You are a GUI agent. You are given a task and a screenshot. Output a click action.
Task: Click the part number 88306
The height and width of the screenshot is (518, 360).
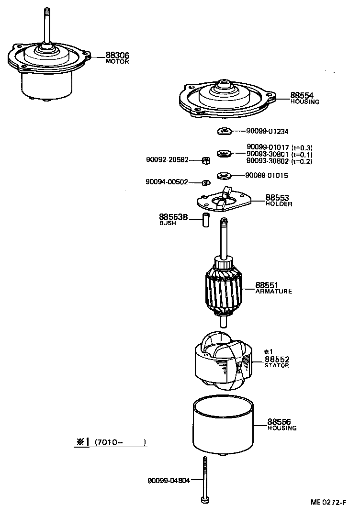117,56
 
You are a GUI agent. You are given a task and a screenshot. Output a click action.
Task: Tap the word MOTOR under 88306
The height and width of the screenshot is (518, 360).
117,62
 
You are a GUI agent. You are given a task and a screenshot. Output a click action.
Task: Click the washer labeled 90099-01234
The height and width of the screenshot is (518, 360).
224,131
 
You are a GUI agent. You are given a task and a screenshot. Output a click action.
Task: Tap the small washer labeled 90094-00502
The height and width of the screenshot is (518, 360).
206,182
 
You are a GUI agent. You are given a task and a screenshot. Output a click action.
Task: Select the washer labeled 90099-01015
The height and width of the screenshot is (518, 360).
224,176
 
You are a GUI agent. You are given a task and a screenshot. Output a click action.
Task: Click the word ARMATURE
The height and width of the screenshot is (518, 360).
273,292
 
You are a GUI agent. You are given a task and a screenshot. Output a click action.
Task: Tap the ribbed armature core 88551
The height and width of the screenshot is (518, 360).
224,292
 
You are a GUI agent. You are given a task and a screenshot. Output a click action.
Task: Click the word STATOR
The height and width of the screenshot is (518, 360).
277,365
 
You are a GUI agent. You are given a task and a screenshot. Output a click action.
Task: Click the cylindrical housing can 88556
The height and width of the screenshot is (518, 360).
224,426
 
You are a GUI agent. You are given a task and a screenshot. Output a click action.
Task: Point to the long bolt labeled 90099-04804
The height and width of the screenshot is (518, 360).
205,479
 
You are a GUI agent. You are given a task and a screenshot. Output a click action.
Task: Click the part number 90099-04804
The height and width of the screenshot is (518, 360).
168,480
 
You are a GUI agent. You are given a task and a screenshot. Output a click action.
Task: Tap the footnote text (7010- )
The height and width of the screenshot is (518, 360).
120,442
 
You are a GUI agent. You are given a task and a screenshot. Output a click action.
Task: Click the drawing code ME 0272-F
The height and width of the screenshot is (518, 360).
328,502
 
